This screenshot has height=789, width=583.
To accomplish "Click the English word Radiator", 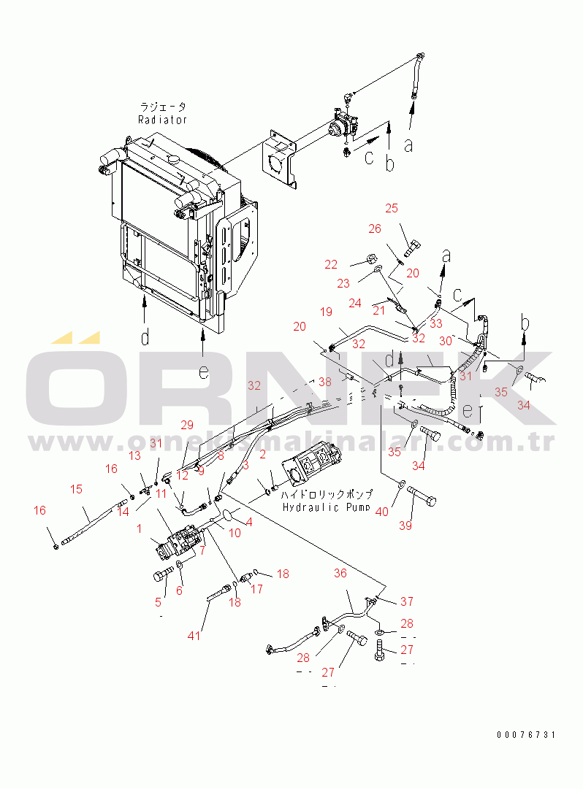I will point(163,120).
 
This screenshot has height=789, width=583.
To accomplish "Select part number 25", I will point(392,209).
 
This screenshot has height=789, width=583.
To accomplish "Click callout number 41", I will point(194,636).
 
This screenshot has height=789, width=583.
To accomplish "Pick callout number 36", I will point(340,574).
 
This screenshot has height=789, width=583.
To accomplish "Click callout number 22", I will point(332,264).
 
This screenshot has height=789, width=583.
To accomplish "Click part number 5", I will point(157,602).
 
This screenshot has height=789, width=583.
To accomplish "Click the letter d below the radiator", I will point(145,336).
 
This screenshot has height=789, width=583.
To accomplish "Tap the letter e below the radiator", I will point(204,371).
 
